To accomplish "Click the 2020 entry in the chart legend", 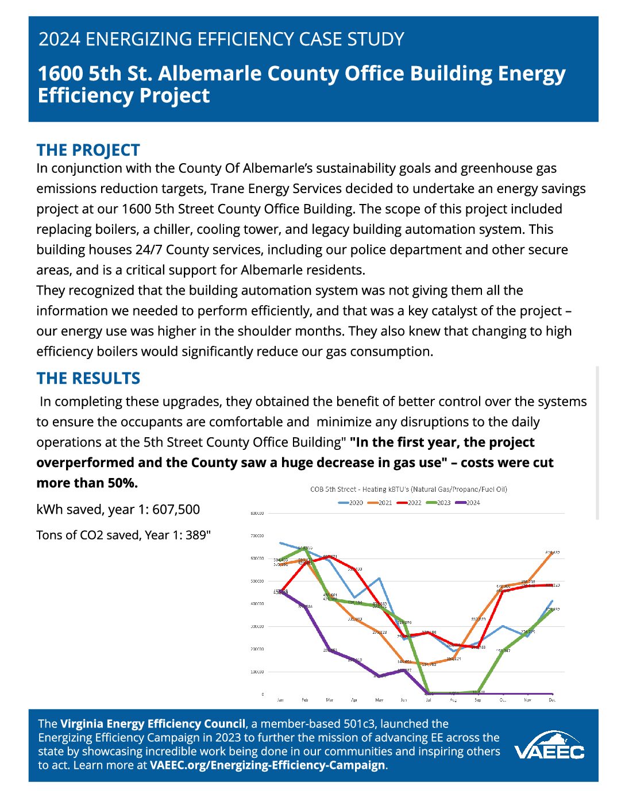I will (351, 503).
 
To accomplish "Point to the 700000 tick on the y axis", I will (257, 536).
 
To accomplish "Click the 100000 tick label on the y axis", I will (257, 672).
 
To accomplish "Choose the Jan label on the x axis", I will (280, 700).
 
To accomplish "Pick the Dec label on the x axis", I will (552, 700).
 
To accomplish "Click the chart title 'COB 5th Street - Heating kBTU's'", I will (408, 490).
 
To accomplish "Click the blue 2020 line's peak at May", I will (379, 579).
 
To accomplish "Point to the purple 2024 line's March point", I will (330, 650).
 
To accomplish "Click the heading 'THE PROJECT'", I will (88, 150).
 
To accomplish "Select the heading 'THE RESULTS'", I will (88, 378).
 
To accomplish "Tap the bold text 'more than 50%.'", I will (87, 483).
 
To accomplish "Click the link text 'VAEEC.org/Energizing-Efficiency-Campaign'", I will (267, 765).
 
